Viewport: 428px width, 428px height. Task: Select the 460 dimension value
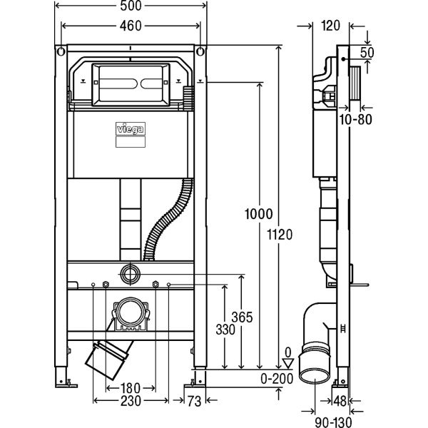pyautogui.click(x=131, y=26)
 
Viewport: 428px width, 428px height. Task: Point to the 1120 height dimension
pyautogui.click(x=280, y=235)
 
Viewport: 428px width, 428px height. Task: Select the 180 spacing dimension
pyautogui.click(x=130, y=388)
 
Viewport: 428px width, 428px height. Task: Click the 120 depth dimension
pyautogui.click(x=330, y=26)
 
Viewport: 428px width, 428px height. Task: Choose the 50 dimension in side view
pyautogui.click(x=367, y=53)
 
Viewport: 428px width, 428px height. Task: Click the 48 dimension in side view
pyautogui.click(x=341, y=402)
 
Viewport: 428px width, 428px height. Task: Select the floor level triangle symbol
pyautogui.click(x=288, y=363)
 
